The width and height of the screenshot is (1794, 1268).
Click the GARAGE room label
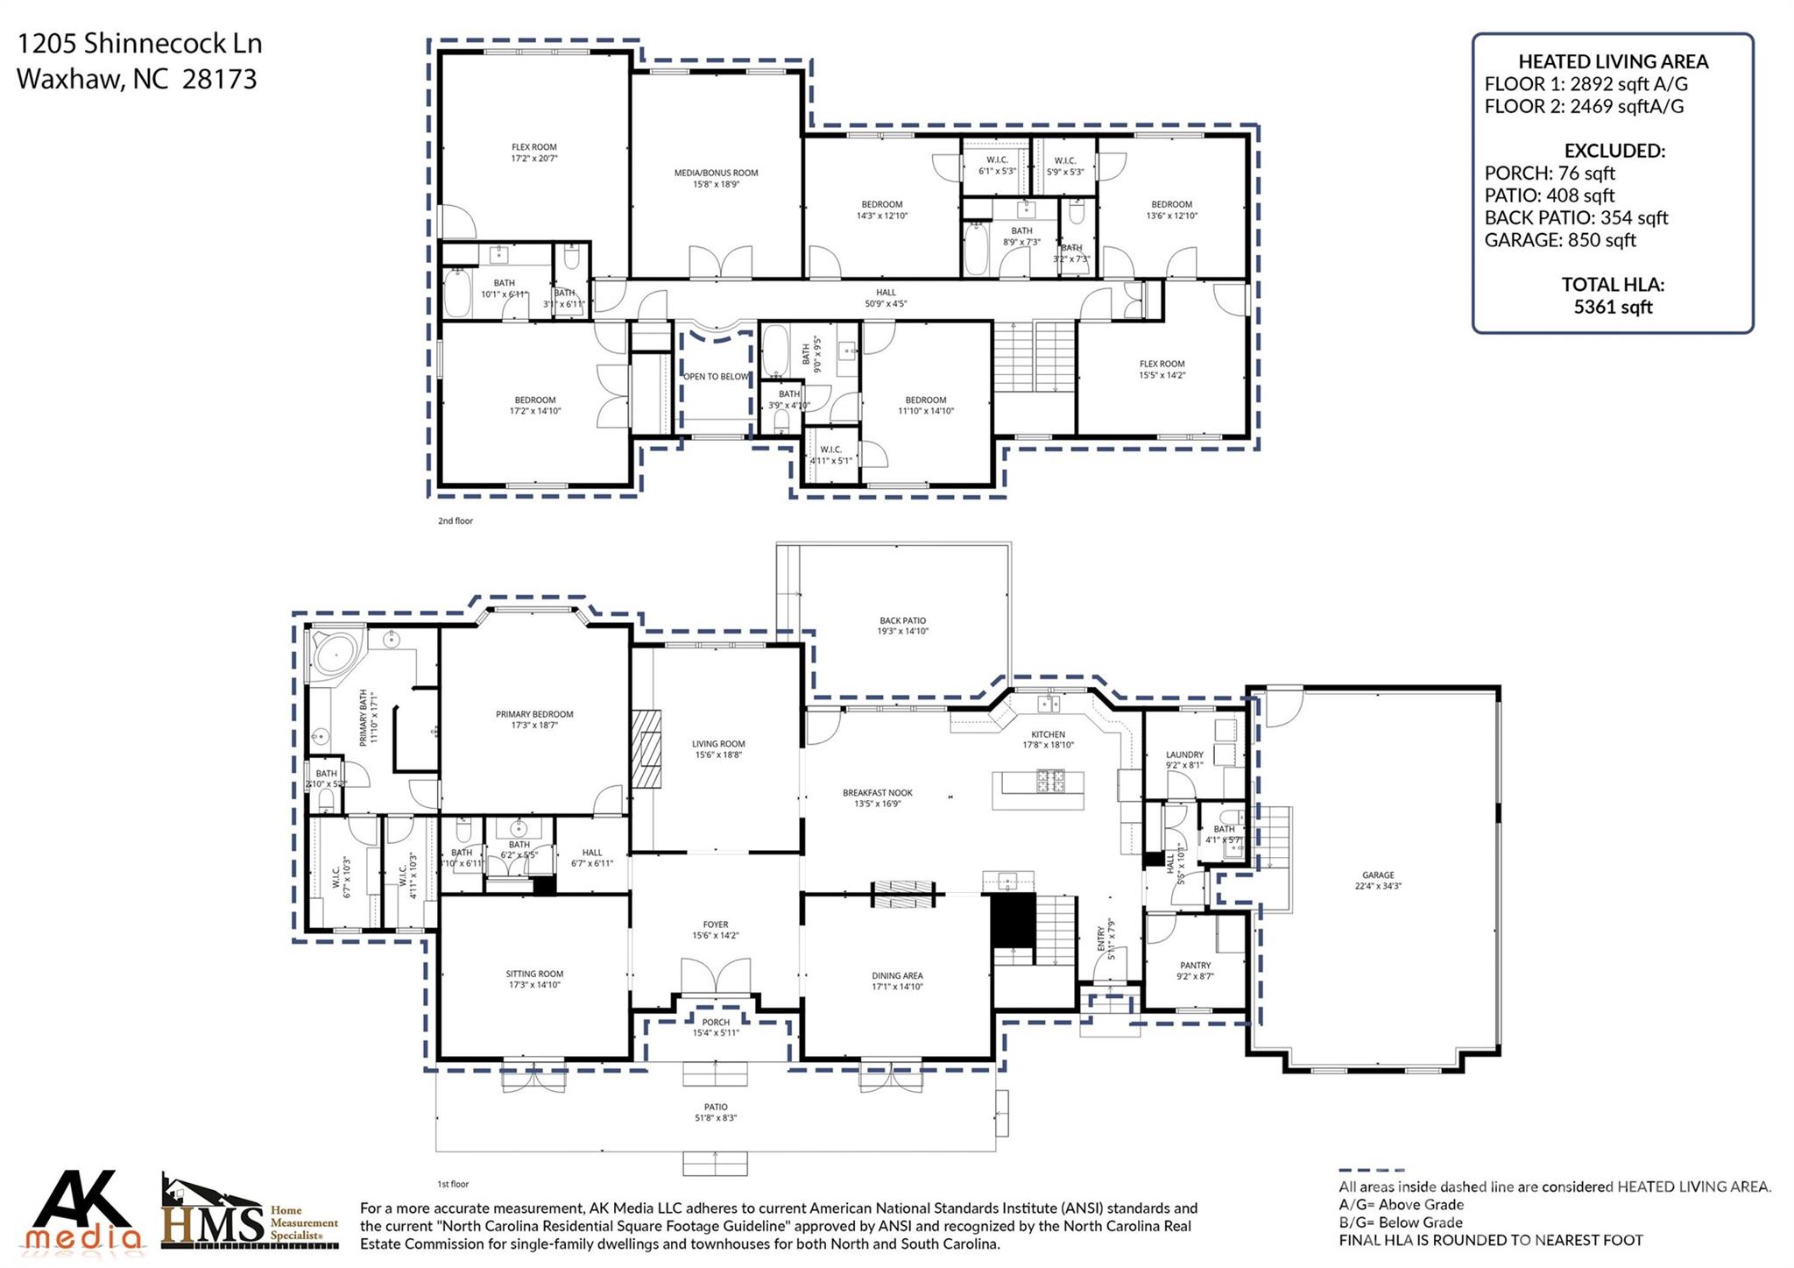(x=1377, y=875)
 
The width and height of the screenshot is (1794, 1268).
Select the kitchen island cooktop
(x=1050, y=779)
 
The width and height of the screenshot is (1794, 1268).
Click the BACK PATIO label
(x=902, y=620)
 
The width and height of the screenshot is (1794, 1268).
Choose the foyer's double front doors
(x=716, y=983)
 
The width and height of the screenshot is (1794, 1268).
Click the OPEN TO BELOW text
(x=716, y=377)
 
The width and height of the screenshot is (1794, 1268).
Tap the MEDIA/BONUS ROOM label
(x=716, y=173)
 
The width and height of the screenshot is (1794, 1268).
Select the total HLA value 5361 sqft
(x=1613, y=307)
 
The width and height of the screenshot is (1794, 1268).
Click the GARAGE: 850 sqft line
(x=1559, y=240)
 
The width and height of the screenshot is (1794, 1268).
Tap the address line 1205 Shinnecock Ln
(x=139, y=44)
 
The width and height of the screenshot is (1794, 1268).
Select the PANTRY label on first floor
(x=1195, y=965)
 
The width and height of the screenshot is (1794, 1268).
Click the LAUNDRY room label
(x=1184, y=754)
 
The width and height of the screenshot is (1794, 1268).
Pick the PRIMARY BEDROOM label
(x=534, y=714)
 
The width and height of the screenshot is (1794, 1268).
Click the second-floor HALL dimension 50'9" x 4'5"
(x=886, y=304)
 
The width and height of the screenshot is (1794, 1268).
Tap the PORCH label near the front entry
(x=716, y=1022)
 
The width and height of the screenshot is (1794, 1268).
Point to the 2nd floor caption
(x=456, y=521)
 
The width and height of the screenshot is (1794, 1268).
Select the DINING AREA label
(x=897, y=975)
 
